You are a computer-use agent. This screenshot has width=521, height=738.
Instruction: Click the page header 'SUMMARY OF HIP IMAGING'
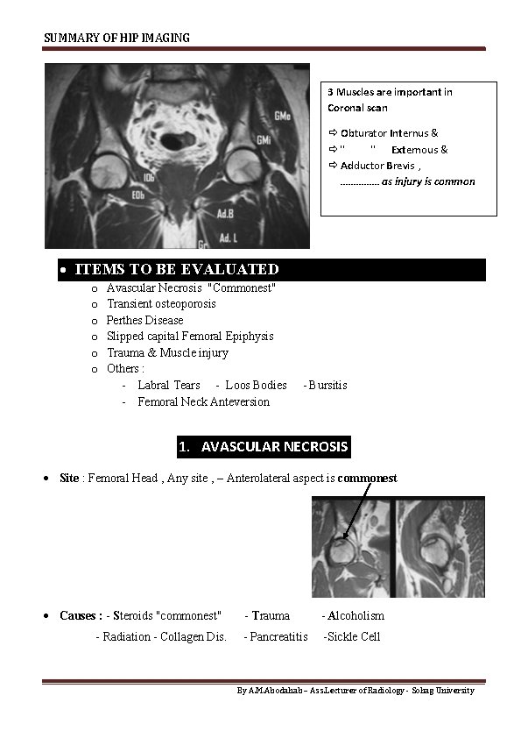pyautogui.click(x=116, y=38)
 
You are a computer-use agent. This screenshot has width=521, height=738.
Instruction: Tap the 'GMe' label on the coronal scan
pyautogui.click(x=283, y=116)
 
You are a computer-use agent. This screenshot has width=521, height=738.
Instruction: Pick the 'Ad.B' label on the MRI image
pyautogui.click(x=226, y=213)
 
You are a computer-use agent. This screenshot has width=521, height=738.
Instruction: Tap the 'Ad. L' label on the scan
pyautogui.click(x=228, y=238)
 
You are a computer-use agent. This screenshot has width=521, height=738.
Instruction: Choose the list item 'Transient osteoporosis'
pyautogui.click(x=161, y=304)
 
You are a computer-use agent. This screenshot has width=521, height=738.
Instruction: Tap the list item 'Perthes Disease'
pyautogui.click(x=145, y=320)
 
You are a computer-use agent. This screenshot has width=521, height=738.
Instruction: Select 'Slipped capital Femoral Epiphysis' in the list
pyautogui.click(x=190, y=336)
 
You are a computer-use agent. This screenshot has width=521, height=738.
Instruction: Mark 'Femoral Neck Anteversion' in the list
pyautogui.click(x=203, y=401)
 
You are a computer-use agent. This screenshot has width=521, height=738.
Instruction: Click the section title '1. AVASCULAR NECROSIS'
pyautogui.click(x=263, y=447)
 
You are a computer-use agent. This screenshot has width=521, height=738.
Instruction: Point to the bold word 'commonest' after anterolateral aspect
pyautogui.click(x=367, y=479)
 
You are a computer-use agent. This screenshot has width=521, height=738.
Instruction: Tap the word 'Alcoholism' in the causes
pyautogui.click(x=356, y=616)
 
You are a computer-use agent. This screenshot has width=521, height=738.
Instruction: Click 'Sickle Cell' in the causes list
pyautogui.click(x=354, y=637)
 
